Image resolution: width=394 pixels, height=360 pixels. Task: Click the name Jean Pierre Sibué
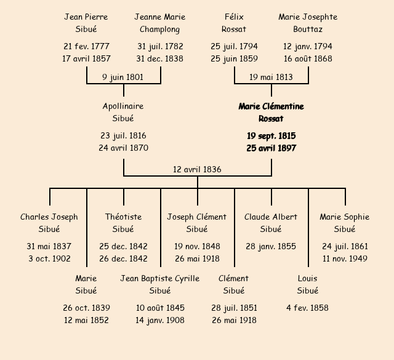coord(86,23)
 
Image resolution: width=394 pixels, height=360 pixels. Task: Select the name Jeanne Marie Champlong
coord(160,23)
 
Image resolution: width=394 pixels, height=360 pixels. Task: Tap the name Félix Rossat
coord(234,23)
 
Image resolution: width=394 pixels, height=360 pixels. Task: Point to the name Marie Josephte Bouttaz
coord(308,23)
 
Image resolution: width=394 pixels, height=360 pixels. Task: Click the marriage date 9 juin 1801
coord(123,77)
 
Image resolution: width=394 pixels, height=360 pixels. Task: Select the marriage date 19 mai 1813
coord(271,77)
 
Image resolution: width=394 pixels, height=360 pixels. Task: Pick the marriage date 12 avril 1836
coord(197,169)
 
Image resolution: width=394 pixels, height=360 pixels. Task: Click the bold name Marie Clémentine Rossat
coord(271,113)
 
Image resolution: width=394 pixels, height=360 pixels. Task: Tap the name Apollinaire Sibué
coord(123,113)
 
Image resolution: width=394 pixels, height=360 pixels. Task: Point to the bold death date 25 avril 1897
coord(271,148)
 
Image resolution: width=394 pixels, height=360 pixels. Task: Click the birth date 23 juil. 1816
coord(123,135)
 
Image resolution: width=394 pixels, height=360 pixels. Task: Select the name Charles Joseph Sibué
coord(49,223)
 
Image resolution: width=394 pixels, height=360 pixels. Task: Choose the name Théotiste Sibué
coord(123,223)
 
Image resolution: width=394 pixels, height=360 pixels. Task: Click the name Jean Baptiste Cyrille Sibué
coord(160,284)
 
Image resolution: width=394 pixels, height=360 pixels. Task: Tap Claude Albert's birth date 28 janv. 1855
coord(271,246)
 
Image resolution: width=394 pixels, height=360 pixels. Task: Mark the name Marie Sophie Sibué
coord(345,223)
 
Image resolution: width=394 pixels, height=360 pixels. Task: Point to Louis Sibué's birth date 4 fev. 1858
coord(308,308)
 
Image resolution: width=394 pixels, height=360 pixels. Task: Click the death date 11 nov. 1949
coord(345,258)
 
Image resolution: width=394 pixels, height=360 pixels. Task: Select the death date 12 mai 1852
coord(86,320)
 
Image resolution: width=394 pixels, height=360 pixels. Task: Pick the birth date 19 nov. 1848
coord(197,246)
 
